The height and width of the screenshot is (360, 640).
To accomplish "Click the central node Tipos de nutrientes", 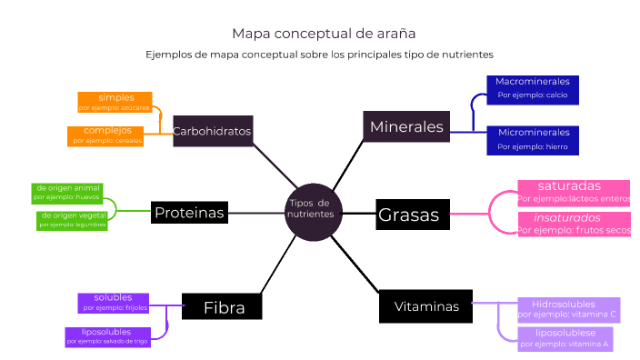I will [x=312, y=208].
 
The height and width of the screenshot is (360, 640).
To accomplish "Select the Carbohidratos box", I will [x=212, y=131].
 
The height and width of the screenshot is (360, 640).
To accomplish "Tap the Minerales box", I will [x=406, y=127].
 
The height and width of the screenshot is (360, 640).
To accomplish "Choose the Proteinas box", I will [x=188, y=213].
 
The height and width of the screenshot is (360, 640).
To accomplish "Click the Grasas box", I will [x=408, y=215].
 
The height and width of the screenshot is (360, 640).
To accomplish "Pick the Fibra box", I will [x=223, y=307].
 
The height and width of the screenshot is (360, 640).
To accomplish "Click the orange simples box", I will [x=115, y=102].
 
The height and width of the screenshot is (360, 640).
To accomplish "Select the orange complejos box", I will [x=107, y=135].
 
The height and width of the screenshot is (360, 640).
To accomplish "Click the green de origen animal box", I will [x=67, y=192].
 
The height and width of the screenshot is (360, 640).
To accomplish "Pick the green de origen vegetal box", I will [x=72, y=220].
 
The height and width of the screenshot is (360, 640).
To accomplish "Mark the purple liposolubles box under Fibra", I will [x=107, y=336].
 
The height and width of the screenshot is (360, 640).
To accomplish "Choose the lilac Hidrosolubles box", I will [x=568, y=309].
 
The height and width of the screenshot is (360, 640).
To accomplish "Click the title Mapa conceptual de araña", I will [x=324, y=34].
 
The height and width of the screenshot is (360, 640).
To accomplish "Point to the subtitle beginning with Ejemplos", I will [x=319, y=55].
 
